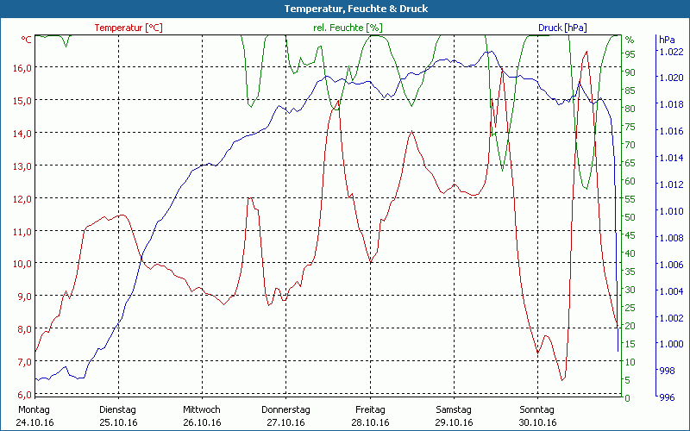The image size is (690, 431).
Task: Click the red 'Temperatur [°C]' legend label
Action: click(129, 28)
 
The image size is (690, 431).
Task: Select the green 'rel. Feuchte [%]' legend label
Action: click(348, 28)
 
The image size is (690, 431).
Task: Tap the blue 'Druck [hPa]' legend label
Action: click(562, 28)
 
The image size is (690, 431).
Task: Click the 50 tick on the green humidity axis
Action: click(630, 216)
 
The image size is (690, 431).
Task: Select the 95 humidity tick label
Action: click(630, 53)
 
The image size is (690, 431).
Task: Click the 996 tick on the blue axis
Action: click(667, 397)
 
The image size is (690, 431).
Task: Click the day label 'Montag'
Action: click(34, 409)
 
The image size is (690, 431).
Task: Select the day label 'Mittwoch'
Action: click(202, 409)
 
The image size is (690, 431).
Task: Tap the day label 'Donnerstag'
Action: click(285, 409)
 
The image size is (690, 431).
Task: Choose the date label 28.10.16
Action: click(369, 422)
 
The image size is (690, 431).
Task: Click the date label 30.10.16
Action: click(537, 422)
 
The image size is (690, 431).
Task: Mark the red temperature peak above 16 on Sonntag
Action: click(586, 53)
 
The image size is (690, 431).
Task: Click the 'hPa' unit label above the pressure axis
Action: click(666, 40)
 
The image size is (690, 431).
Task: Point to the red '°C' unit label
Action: click(27, 40)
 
